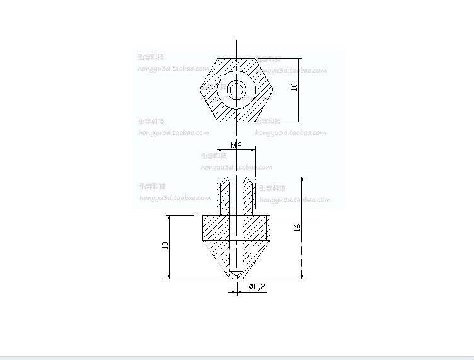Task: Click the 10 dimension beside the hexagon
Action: coord(294,87)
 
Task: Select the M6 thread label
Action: coord(236,146)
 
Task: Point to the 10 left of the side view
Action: coord(165,246)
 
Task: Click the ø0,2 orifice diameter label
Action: coord(257,287)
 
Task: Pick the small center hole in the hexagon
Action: coord(236,90)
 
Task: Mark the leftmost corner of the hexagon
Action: coord(200,90)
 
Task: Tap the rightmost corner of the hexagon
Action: coord(273,90)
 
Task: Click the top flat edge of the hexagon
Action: coord(236,59)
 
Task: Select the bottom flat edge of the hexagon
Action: coord(236,121)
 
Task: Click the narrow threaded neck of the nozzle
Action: coord(236,195)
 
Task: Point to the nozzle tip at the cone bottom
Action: coord(236,276)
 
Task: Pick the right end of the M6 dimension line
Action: coord(255,149)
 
